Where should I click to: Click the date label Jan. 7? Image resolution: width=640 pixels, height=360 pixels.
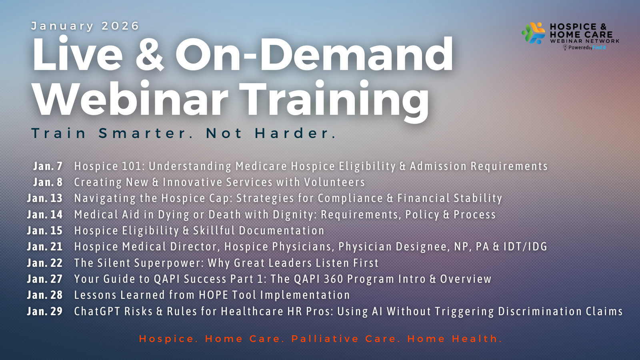[48, 166]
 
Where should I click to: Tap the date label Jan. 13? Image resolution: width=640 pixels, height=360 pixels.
[44, 198]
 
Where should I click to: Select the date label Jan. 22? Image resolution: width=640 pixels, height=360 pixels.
[44, 262]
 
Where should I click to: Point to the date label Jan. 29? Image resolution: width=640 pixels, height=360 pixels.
[44, 311]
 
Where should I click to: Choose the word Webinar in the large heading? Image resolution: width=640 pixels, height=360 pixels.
[130, 98]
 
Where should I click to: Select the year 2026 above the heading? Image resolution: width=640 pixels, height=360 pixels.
[120, 26]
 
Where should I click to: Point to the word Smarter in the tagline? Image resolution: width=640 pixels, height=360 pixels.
[143, 133]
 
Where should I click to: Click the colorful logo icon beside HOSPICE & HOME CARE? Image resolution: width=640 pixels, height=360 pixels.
[533, 33]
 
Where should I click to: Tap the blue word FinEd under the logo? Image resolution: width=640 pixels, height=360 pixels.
[599, 48]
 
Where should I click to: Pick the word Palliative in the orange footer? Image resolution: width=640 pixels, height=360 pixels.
[325, 338]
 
